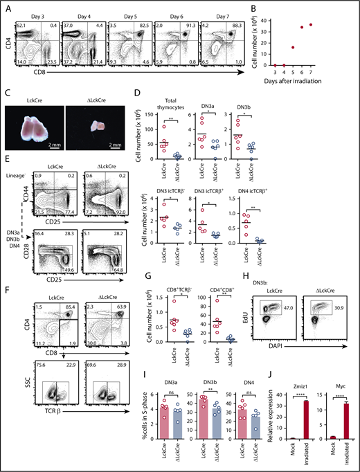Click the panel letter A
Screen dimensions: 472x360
pyautogui.click(x=7, y=6)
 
